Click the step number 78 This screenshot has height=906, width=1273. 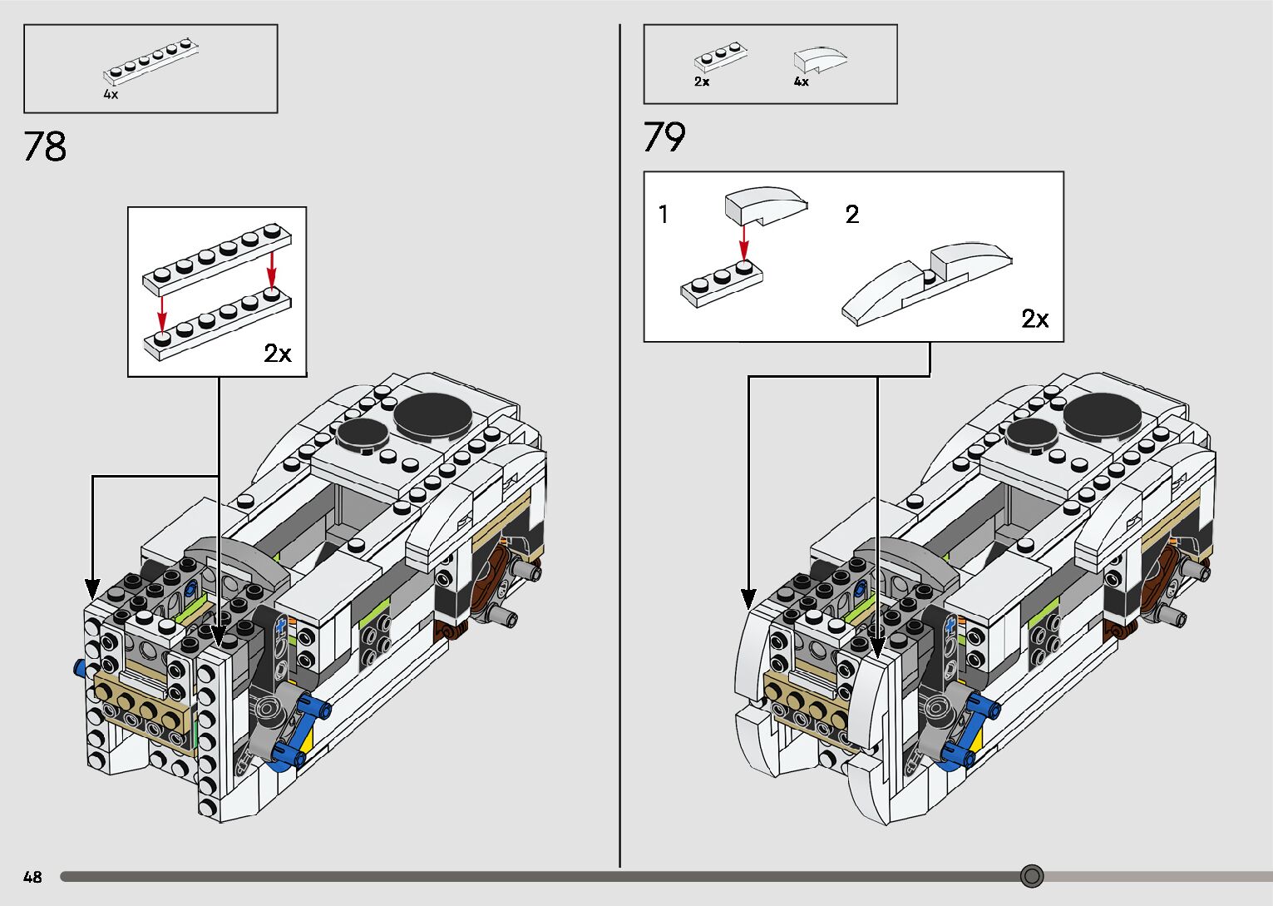point(45,147)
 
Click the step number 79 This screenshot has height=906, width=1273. point(664,137)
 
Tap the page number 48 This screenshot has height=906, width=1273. point(32,877)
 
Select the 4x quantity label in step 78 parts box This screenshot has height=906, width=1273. point(111,95)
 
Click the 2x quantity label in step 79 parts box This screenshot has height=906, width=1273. point(702,82)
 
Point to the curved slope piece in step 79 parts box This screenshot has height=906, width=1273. point(820,59)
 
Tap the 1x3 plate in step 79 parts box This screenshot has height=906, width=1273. point(720,57)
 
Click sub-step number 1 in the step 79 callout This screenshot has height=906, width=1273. point(664,215)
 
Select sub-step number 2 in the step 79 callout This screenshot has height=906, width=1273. point(852,215)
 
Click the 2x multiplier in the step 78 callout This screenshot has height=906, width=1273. point(278,354)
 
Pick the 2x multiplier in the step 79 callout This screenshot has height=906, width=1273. point(1035,319)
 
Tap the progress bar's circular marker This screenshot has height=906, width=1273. point(1032,876)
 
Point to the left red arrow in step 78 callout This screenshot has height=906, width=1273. point(163,313)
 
